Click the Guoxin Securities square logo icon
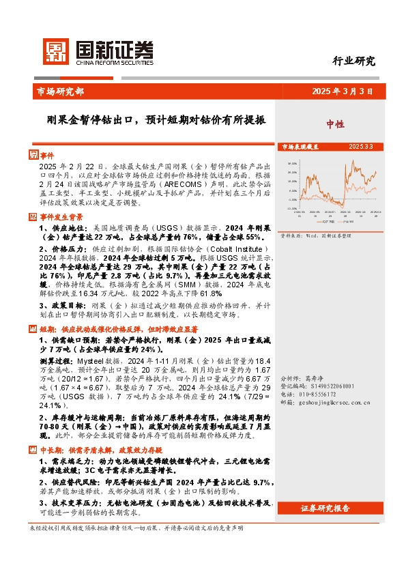click(x=55, y=50)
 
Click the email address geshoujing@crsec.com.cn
click(x=340, y=403)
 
